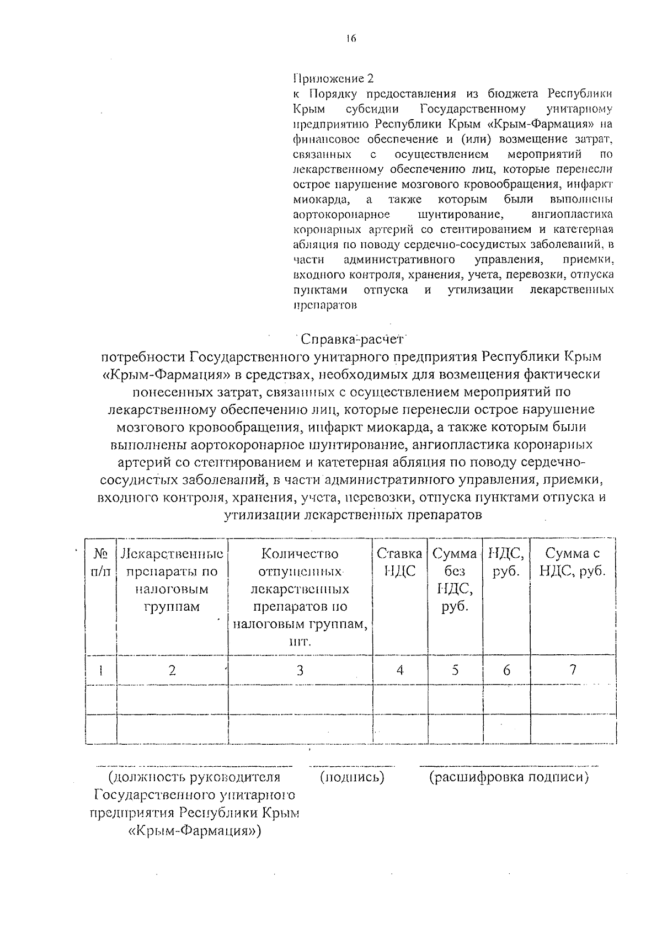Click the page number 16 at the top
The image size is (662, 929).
pyautogui.click(x=351, y=39)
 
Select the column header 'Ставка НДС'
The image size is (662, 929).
pyautogui.click(x=399, y=562)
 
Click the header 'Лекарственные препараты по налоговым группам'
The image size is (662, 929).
pyautogui.click(x=172, y=580)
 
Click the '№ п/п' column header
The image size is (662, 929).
pyautogui.click(x=101, y=562)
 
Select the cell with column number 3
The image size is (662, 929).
pyautogui.click(x=300, y=670)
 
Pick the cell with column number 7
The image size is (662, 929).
pyautogui.click(x=573, y=670)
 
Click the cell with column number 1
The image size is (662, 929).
pyautogui.click(x=101, y=670)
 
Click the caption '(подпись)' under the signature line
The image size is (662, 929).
pyautogui.click(x=352, y=777)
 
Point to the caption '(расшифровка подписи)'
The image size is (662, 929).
pyautogui.click(x=509, y=777)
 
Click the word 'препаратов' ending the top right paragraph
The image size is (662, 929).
pyautogui.click(x=324, y=305)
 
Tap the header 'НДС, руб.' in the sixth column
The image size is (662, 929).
pyautogui.click(x=506, y=562)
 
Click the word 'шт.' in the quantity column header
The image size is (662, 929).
pyautogui.click(x=300, y=642)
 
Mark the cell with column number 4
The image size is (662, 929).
pyautogui.click(x=399, y=670)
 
